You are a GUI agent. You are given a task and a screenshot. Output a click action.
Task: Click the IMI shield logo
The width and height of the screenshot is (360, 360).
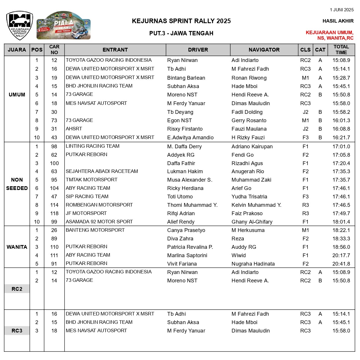[x=20, y=25]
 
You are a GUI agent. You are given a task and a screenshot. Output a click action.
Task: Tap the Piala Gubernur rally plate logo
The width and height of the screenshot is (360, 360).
[x=63, y=26]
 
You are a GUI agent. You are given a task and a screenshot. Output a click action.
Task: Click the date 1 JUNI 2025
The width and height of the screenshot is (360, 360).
[x=341, y=10]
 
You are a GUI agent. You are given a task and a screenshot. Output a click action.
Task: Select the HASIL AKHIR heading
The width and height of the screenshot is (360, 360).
[x=338, y=21]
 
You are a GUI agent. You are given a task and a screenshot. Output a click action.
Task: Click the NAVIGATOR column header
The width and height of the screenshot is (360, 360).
[x=264, y=50]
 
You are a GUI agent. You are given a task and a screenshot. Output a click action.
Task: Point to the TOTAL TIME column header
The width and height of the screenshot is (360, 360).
[x=341, y=50]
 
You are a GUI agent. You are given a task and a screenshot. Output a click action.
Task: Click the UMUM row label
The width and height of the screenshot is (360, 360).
[x=17, y=95]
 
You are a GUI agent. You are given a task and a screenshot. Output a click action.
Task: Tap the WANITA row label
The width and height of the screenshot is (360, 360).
[x=17, y=247]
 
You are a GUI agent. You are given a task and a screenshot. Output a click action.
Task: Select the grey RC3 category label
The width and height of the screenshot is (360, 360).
[x=17, y=331]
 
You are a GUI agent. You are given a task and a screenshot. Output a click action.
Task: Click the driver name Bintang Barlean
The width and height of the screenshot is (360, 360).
[x=186, y=78]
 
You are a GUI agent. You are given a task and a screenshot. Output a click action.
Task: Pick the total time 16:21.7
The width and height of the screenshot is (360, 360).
[x=341, y=138]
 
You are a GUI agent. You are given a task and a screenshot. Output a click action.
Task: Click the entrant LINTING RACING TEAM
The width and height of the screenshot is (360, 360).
[x=92, y=146]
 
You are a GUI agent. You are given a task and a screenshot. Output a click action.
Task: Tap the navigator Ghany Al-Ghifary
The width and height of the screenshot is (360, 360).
[x=252, y=222]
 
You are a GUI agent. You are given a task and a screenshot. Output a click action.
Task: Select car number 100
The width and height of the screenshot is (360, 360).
[x=54, y=163]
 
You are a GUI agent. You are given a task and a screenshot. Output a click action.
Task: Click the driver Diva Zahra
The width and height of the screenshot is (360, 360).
[x=180, y=239]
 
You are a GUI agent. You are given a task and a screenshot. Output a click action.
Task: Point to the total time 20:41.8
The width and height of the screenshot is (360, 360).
[x=341, y=264]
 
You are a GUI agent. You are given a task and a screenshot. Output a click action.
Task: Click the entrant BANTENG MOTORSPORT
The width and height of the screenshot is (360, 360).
[x=95, y=230]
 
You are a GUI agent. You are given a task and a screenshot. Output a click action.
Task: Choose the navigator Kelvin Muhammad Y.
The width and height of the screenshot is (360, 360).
[x=256, y=205]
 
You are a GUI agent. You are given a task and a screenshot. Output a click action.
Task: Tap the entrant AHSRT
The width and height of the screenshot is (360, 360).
[x=74, y=129]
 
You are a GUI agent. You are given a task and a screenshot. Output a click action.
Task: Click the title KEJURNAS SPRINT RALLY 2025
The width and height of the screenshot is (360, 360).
[x=181, y=21]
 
